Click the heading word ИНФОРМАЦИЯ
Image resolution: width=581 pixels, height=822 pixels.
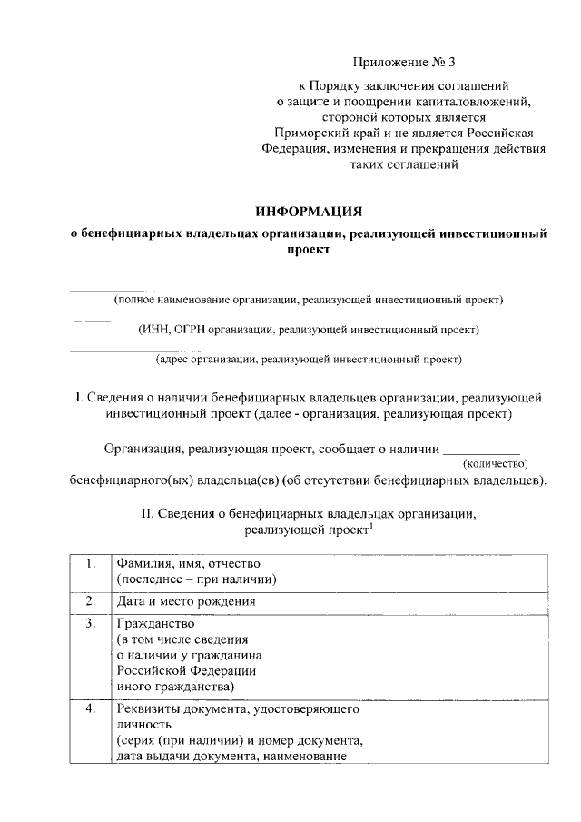pos(309,211)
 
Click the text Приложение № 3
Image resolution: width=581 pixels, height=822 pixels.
pos(401,63)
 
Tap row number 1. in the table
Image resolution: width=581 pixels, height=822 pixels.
pos(91,563)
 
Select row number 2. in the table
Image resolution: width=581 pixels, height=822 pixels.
pos(91,601)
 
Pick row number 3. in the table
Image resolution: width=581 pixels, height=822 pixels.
pos(91,624)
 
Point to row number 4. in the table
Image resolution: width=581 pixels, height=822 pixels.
pos(91,708)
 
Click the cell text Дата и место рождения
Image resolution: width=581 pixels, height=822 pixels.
pos(185,601)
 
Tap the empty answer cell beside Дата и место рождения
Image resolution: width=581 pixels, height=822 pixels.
pos(458,601)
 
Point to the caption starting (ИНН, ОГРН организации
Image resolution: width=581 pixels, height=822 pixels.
pos(309,329)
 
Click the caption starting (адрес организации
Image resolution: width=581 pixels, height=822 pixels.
pos(309,359)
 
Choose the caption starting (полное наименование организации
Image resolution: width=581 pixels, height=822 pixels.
pos(309,299)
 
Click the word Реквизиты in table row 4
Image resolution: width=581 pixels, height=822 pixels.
pos(149,708)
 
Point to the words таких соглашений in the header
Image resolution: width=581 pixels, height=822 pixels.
pos(401,165)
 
